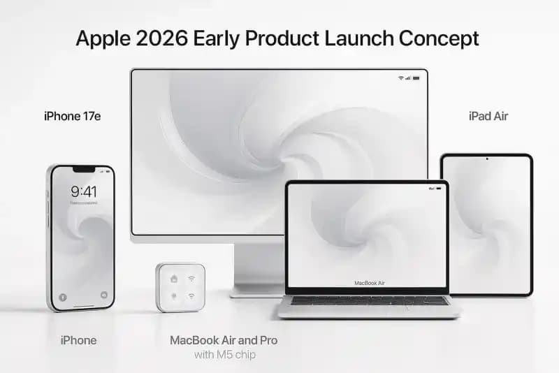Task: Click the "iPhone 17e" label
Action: [72, 116]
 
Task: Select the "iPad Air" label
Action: [488, 116]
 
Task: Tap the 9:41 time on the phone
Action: [83, 191]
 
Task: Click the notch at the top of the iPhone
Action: [83, 169]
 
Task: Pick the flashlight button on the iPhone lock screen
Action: [61, 296]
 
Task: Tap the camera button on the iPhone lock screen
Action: [104, 295]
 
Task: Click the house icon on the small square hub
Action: [173, 278]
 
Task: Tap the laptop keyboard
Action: [369, 301]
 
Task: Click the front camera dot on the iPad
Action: [486, 159]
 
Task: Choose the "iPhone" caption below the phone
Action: [78, 340]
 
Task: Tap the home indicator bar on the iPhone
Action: [82, 305]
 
